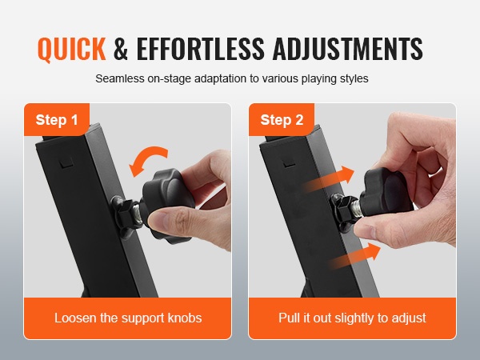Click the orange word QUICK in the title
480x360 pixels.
point(72,49)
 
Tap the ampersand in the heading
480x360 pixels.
point(121,48)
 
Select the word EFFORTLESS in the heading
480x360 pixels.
point(200,48)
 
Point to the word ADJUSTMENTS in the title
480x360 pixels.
point(347,48)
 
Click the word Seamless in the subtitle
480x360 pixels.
point(120,78)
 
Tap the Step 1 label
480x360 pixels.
point(57,120)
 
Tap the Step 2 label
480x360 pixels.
point(282,120)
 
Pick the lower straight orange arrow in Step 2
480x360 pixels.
point(355,256)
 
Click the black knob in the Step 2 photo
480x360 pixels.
point(386,192)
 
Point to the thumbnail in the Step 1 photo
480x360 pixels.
point(162,221)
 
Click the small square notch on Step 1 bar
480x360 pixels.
point(66,162)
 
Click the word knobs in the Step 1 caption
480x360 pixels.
point(185,318)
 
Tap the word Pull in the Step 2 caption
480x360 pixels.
point(290,318)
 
